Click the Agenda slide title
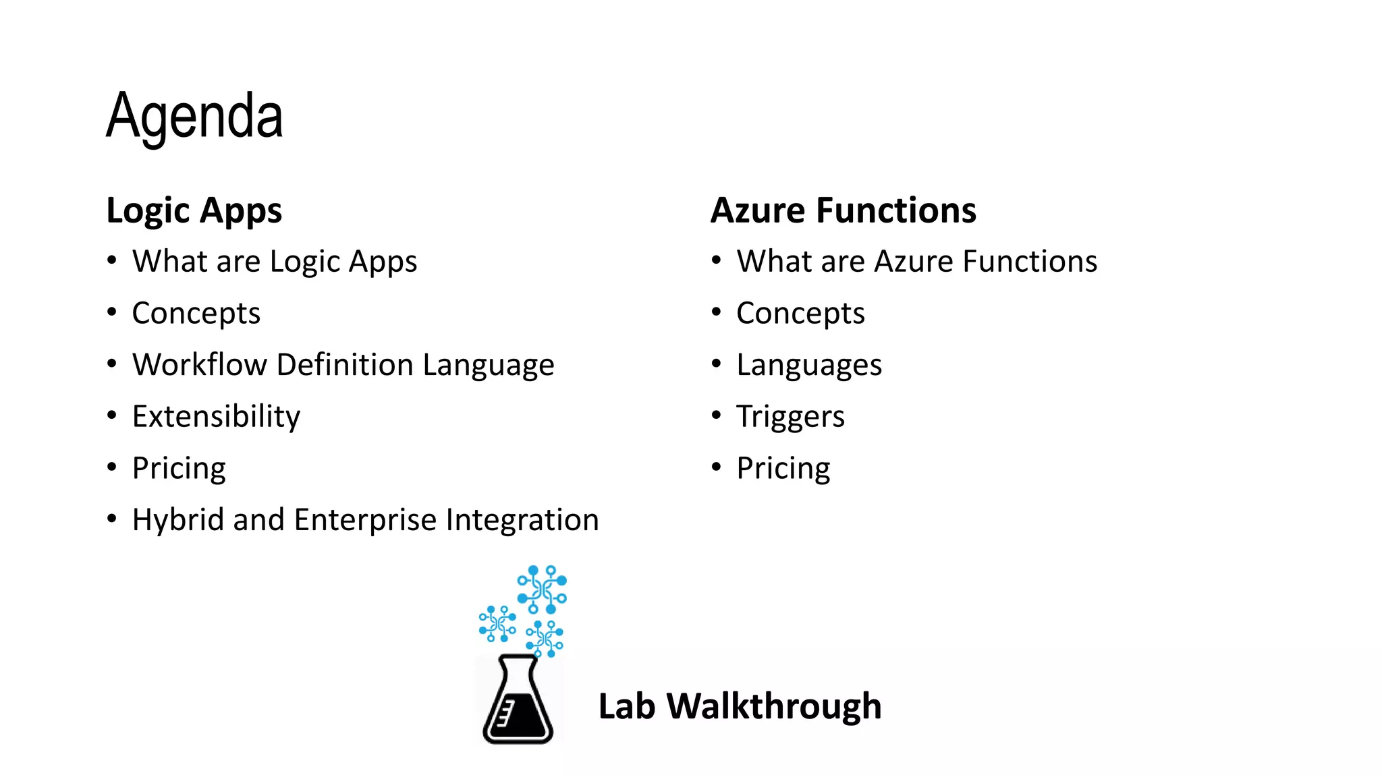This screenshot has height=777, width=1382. tap(194, 116)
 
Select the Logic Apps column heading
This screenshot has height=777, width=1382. tap(194, 210)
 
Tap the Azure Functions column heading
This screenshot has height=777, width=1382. tap(844, 210)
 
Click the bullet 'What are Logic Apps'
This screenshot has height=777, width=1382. tap(275, 262)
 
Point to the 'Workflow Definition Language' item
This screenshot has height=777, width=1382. tap(343, 365)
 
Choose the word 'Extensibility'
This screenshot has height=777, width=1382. tap(216, 416)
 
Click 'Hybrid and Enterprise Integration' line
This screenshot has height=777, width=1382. tap(365, 520)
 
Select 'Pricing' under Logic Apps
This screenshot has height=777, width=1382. tap(179, 468)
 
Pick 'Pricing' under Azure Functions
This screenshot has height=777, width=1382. tap(783, 468)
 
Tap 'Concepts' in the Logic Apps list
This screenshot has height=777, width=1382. tap(196, 313)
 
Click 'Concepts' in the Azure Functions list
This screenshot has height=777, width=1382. tap(800, 313)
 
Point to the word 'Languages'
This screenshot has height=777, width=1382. tap(809, 365)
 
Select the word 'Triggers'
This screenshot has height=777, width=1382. tap(790, 416)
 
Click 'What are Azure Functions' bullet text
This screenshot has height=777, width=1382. tap(917, 262)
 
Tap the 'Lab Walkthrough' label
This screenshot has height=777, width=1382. tap(740, 706)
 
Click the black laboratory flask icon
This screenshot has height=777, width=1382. tap(518, 701)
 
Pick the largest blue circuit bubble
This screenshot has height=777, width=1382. tap(542, 589)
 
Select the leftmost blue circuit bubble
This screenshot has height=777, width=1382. tap(497, 624)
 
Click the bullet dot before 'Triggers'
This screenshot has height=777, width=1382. tap(717, 415)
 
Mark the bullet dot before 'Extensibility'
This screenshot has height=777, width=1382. tap(112, 415)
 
